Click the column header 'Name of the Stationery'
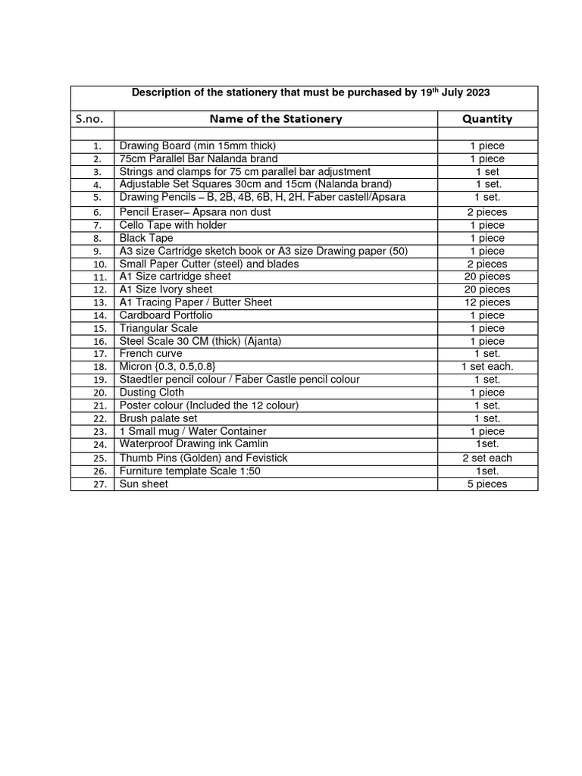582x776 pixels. [275, 119]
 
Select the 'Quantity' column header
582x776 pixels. [487, 119]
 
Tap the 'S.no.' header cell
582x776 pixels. [93, 119]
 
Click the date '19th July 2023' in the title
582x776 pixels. [455, 92]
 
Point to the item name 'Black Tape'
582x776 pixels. [146, 238]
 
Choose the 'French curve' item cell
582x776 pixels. [151, 354]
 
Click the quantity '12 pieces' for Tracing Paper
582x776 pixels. [487, 302]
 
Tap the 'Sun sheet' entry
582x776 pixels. [144, 484]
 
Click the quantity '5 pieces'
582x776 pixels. [487, 484]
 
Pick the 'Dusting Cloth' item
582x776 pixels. [152, 393]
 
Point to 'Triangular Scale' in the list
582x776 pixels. [158, 328]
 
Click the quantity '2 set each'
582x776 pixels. [487, 458]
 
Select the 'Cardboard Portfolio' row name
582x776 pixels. [166, 315]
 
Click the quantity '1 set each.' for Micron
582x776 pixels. [487, 367]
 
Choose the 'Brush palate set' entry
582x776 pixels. [158, 418]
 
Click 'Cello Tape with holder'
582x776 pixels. [173, 225]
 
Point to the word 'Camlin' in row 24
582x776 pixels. [252, 444]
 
